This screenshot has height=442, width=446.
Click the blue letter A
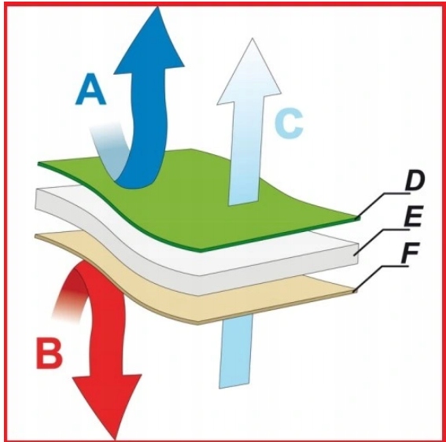click(90, 89)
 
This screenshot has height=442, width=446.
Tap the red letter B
click(49, 352)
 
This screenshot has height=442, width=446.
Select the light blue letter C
click(289, 124)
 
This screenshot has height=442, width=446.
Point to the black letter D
click(415, 181)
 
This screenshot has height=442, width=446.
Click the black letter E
click(411, 216)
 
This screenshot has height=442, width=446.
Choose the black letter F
click(410, 252)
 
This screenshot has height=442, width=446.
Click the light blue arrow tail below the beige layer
click(235, 351)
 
